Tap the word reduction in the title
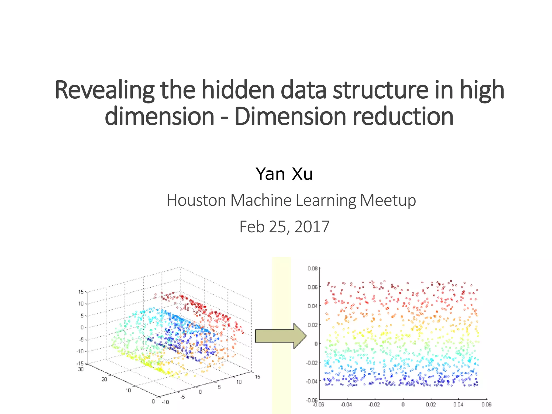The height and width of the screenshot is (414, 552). coord(403,116)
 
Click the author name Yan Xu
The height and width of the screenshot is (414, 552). coord(284,174)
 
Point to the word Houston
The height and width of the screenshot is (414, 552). coord(196,200)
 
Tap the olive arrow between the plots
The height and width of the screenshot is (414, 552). coord(280,336)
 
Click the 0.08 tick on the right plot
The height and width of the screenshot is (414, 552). coord(312,268)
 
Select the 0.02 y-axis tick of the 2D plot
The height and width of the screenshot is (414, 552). coord(312,325)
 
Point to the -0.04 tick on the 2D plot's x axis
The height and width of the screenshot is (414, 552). coord(346,405)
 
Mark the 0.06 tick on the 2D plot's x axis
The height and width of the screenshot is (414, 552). coord(486,405)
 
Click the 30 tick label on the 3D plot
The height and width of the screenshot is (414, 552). coord(81,369)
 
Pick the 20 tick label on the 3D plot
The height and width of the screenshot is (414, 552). coord(104,379)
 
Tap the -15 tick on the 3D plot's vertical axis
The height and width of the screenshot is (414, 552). coord(80,364)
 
